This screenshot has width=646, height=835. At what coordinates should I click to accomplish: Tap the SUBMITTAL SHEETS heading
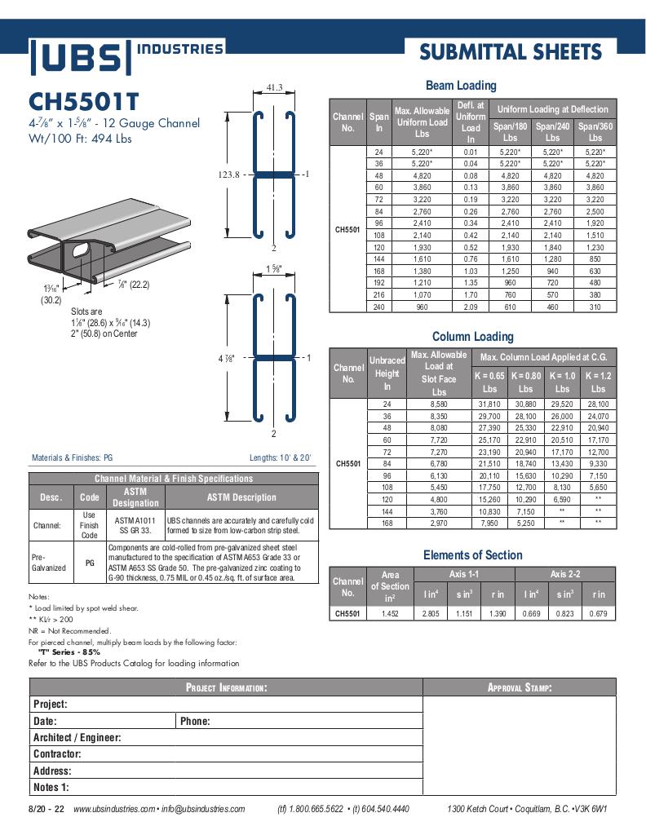511,53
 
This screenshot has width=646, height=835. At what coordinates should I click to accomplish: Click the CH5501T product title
84,101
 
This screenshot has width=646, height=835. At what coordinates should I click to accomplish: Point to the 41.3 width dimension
274,87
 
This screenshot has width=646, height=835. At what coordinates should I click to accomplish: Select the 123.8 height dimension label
230,175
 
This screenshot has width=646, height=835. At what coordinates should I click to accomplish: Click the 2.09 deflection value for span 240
471,307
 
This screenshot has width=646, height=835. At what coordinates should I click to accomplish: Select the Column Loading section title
472,336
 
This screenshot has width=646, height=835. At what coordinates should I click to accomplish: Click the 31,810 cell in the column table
489,404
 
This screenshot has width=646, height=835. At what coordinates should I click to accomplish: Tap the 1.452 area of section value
390,613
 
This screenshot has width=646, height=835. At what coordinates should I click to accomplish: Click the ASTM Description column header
241,497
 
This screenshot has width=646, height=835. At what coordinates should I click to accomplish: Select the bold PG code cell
89,563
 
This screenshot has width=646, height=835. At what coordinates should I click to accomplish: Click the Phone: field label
195,721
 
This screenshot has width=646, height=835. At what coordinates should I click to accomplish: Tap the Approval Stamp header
520,687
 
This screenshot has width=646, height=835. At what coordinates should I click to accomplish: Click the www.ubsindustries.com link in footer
113,809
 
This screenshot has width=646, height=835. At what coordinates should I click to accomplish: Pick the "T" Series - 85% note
69,652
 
